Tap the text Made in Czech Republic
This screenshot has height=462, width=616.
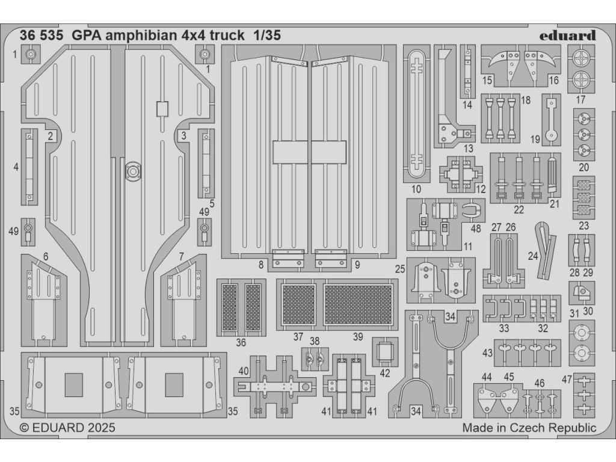click(529, 428)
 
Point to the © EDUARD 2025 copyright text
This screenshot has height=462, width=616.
click(67, 428)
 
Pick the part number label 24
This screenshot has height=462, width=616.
click(532, 255)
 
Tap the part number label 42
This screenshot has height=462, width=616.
click(385, 372)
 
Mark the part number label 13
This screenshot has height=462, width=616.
click(469, 149)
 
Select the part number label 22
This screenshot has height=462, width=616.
click(519, 210)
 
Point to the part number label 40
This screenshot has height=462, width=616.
click(243, 371)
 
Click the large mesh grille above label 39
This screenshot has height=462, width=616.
click(359, 304)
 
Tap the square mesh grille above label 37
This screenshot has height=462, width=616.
click(299, 304)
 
